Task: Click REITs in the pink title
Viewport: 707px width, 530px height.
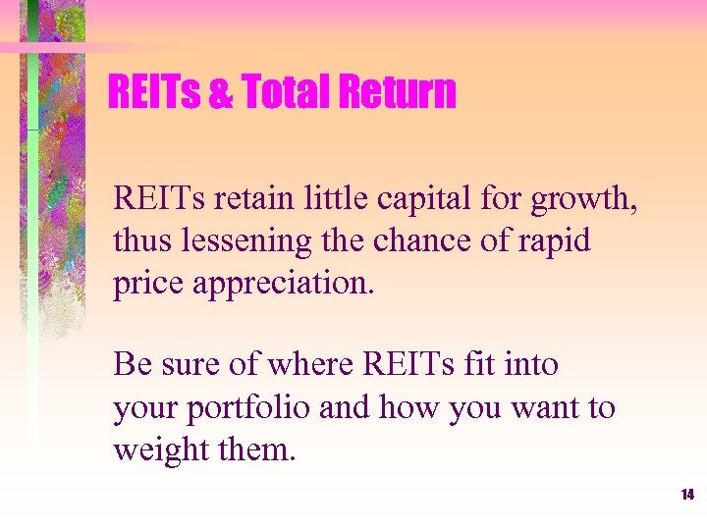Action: (x=153, y=93)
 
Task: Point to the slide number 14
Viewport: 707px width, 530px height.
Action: (x=686, y=494)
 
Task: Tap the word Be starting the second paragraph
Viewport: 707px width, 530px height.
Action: (x=131, y=364)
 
